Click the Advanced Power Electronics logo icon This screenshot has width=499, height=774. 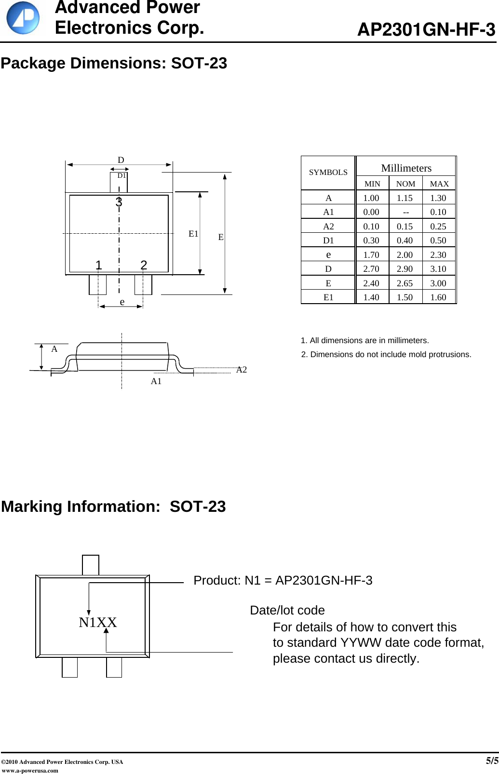click(x=23, y=18)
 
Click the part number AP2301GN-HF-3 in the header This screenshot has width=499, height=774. click(x=426, y=30)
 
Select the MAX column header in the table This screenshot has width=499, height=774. click(x=439, y=184)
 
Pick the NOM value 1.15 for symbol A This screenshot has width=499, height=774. click(x=405, y=198)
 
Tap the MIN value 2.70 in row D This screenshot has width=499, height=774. click(x=371, y=269)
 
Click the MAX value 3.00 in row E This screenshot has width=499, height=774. click(x=438, y=283)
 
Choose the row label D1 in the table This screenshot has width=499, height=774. click(x=328, y=240)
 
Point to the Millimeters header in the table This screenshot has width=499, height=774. click(x=406, y=168)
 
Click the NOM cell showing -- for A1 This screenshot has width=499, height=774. click(x=405, y=212)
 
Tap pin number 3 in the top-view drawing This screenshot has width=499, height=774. click(x=119, y=202)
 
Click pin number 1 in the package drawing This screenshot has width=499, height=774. click(x=98, y=265)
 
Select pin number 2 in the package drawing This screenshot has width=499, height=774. click(x=144, y=265)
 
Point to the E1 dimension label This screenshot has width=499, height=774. click(x=193, y=234)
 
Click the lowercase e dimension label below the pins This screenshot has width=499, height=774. click(x=122, y=302)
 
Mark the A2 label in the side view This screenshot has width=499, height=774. click(x=242, y=370)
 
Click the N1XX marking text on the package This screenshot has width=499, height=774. click(x=98, y=623)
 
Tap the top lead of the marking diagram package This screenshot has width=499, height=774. click(x=91, y=565)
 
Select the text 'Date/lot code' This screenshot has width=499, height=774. click(x=287, y=610)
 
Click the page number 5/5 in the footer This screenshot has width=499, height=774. click(x=492, y=761)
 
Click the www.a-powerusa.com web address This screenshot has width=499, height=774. click(x=30, y=770)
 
